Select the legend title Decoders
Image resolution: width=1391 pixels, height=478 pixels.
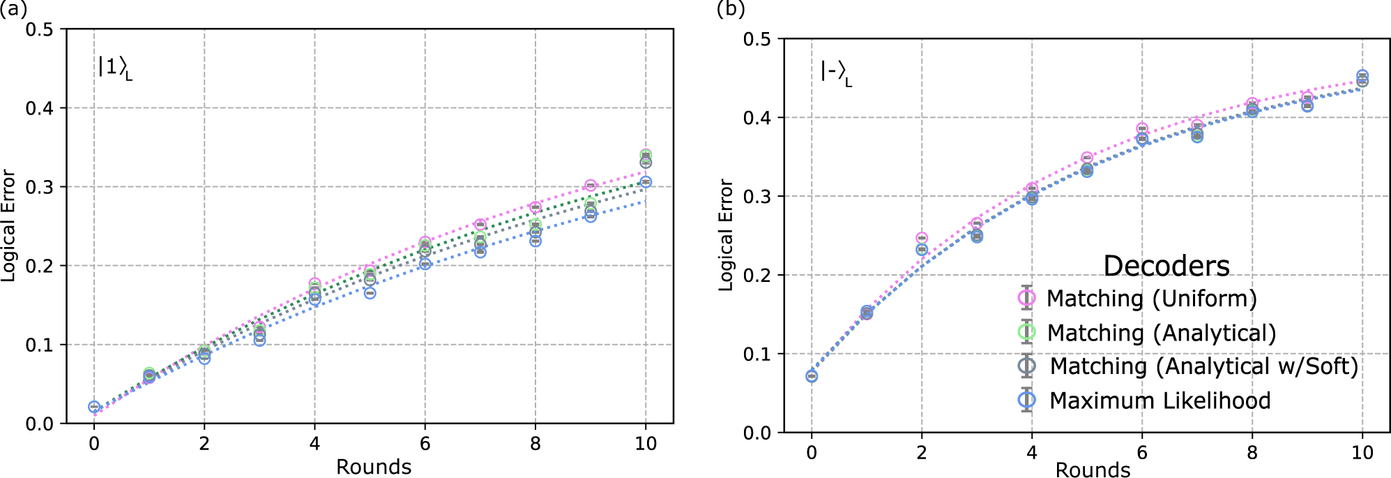tap(1166, 266)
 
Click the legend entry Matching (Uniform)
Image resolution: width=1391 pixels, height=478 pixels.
tap(1151, 299)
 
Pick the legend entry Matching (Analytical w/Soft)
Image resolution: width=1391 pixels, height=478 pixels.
tap(1203, 366)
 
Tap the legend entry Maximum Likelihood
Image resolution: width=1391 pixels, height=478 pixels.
tap(1160, 401)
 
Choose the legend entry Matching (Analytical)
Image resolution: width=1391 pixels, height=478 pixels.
tap(1161, 333)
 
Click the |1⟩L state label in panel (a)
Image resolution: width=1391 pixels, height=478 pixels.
tap(114, 68)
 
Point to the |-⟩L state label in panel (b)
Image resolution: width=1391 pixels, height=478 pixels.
tap(835, 73)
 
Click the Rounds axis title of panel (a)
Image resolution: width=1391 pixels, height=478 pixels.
tap(374, 466)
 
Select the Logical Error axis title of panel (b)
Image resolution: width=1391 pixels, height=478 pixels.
tap(726, 235)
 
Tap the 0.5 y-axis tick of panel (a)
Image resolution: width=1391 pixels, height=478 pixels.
tap(39, 29)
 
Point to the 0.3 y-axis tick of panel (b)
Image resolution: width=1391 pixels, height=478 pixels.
tap(757, 197)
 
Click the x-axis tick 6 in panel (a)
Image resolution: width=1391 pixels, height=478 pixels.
tap(425, 443)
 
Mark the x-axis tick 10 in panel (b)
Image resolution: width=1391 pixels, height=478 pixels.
tap(1362, 453)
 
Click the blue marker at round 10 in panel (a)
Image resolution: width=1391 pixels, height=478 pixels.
tap(646, 182)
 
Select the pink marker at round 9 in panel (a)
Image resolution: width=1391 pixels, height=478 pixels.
tap(591, 186)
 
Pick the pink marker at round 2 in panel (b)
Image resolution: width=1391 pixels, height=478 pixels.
tap(922, 239)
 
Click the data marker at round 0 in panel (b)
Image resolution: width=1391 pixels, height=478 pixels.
tap(812, 376)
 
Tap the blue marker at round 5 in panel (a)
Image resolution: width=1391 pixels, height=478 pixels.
tap(370, 293)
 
